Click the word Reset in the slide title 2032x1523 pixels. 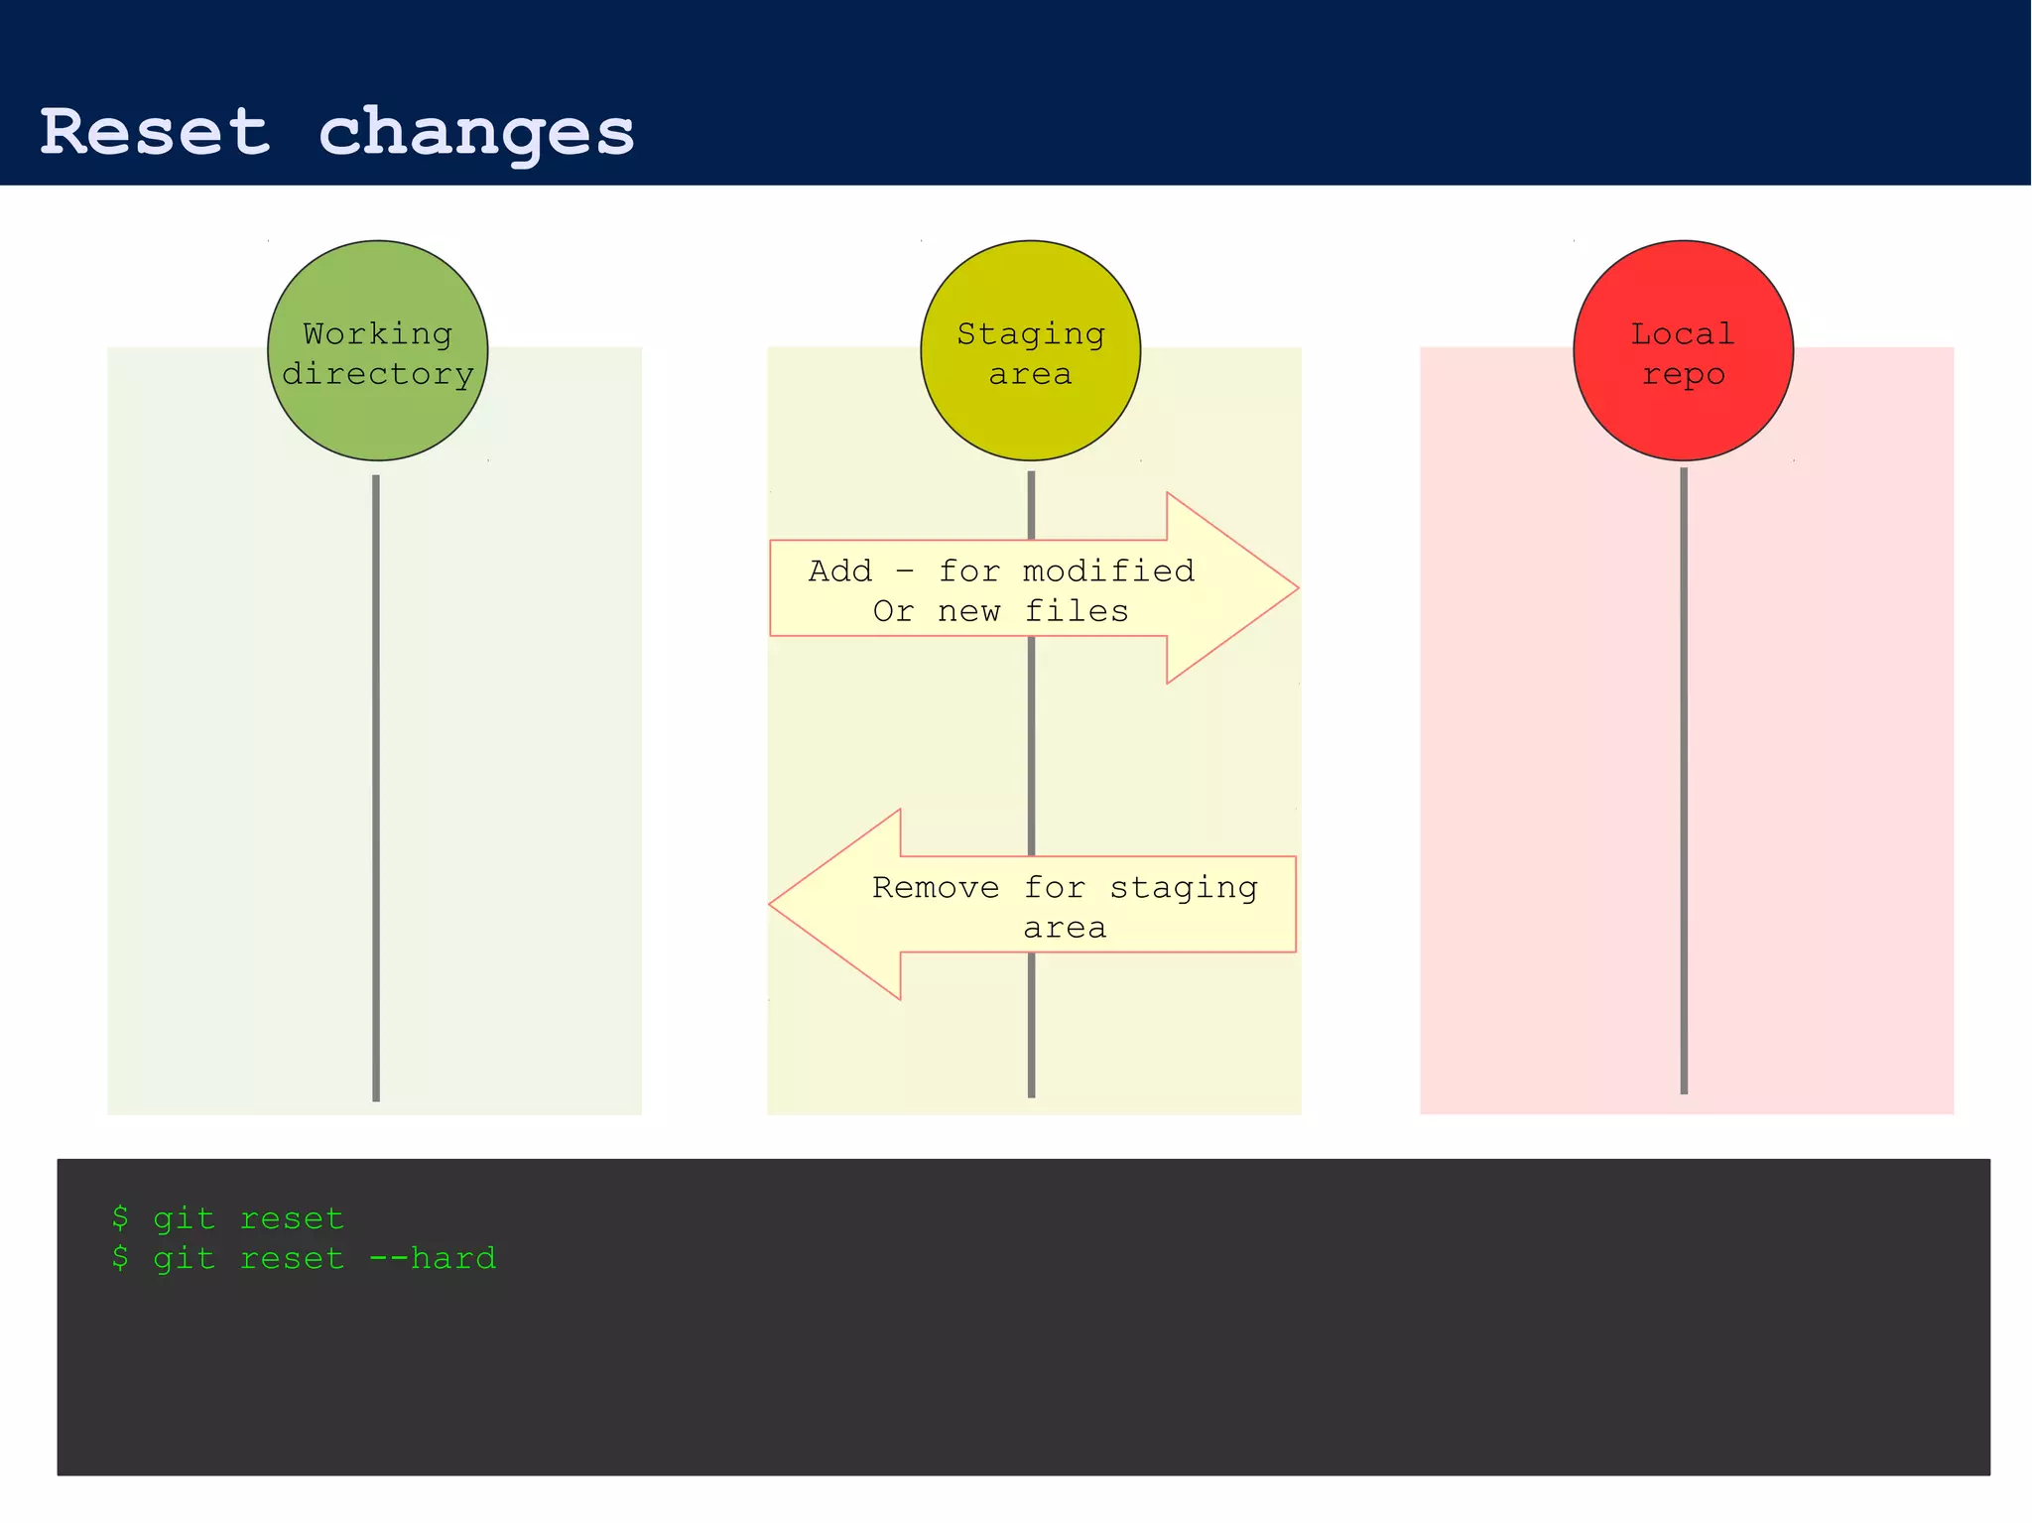tap(155, 132)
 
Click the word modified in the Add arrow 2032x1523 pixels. tap(1108, 571)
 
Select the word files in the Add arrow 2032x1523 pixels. tap(1077, 611)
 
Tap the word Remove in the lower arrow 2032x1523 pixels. tap(936, 887)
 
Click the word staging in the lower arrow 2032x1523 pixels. tap(1183, 888)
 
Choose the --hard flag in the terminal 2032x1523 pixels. tap(432, 1258)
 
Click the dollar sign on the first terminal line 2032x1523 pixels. tap(120, 1217)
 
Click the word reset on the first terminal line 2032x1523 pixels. tap(292, 1218)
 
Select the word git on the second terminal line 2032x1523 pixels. tap(184, 1259)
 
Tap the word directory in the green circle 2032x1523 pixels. tap(377, 375)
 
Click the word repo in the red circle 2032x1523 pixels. tap(1683, 375)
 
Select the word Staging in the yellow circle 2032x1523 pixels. tap(1030, 335)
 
